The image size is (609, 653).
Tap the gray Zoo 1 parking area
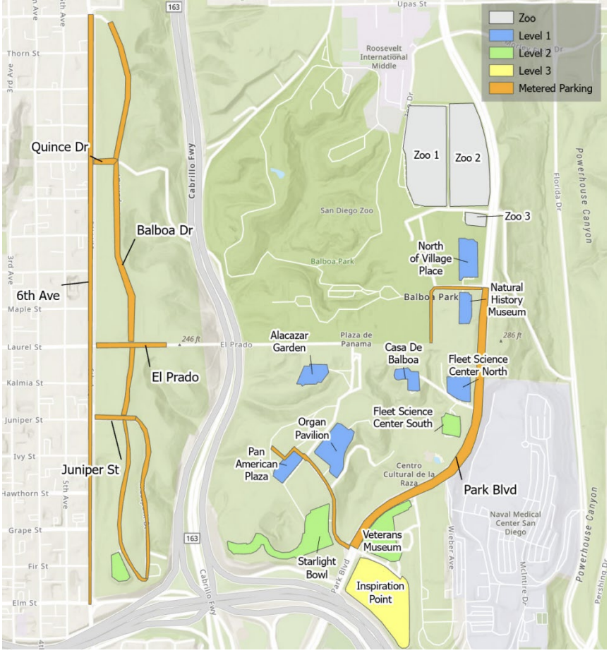pos(425,155)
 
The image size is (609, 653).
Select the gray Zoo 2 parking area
pos(469,157)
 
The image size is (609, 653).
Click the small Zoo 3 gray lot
pos(476,219)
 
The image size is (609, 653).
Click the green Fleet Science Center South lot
pos(451,424)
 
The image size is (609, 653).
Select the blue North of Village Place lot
pos(468,258)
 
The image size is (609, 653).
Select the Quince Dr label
pos(59,148)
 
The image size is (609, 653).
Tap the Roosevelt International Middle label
pos(383,56)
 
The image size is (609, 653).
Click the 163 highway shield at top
pos(174,6)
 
